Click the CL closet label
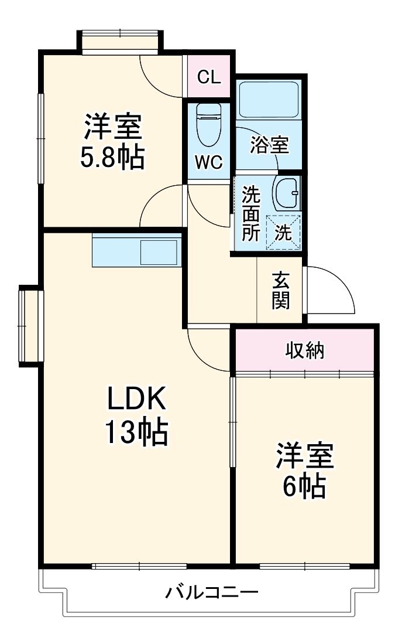(209, 77)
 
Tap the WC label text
(209, 162)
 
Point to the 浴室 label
(269, 145)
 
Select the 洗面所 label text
(252, 214)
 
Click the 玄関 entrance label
(280, 291)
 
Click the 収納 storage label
(305, 350)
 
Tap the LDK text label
(137, 400)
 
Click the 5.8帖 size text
(112, 157)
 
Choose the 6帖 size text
(304, 485)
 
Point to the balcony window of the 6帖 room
(304, 566)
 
